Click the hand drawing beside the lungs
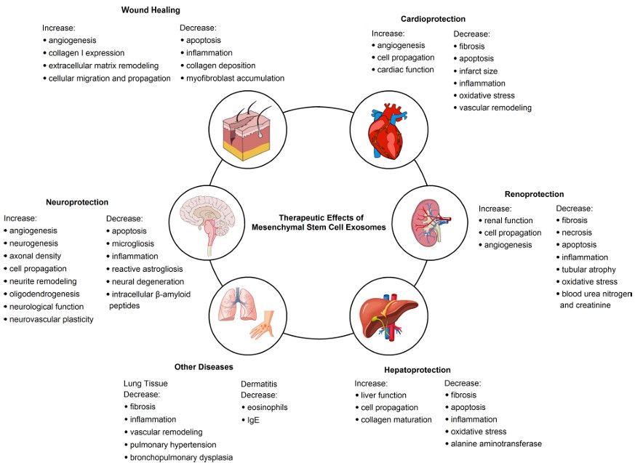click(260, 325)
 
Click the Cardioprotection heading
click(433, 19)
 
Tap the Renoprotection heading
click(534, 194)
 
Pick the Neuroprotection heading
click(77, 202)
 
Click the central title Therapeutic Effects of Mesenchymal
click(320, 222)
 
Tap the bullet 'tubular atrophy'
click(589, 269)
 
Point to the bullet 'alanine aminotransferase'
click(496, 443)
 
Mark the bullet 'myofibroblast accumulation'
click(235, 78)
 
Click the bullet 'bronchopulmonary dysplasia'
click(180, 456)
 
